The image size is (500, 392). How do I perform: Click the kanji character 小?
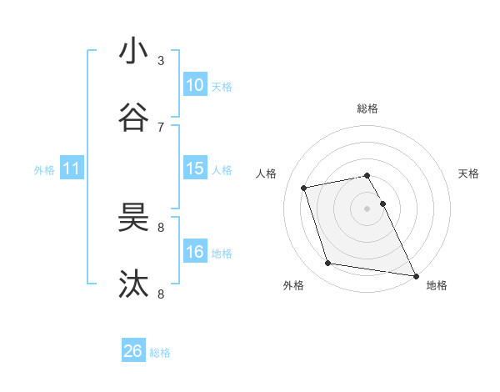(133, 52)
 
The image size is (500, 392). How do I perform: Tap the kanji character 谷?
(133, 117)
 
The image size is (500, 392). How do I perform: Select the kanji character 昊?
(133, 219)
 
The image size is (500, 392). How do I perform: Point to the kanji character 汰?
(133, 284)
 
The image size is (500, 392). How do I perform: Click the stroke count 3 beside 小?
(161, 61)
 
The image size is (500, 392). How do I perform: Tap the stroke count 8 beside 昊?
(161, 227)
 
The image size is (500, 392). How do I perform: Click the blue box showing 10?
(195, 85)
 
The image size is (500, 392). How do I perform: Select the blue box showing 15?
(195, 168)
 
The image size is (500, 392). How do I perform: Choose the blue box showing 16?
(195, 252)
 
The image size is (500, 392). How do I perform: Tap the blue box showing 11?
(72, 168)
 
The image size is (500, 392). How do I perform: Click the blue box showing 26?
(133, 351)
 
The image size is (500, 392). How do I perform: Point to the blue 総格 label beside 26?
(160, 353)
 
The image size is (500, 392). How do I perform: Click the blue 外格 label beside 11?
(44, 170)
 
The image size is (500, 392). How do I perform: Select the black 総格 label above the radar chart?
(367, 108)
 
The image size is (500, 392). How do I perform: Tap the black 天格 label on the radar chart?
(468, 173)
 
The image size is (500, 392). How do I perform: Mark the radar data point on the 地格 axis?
(415, 274)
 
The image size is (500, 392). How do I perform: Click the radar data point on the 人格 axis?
(304, 187)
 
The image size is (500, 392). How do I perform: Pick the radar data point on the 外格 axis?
(328, 264)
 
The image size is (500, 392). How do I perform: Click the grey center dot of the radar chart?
(367, 209)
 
